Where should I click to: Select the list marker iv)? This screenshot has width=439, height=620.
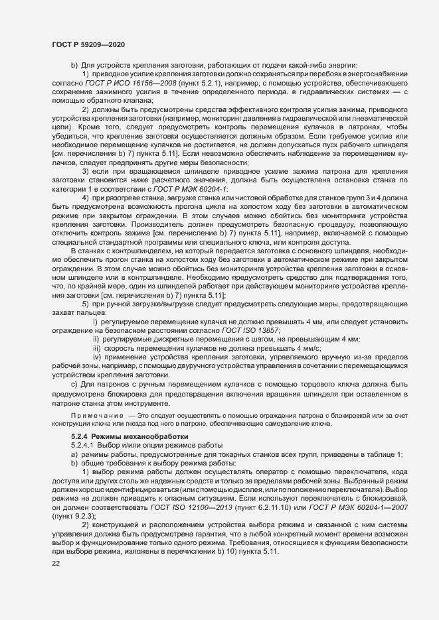(96, 356)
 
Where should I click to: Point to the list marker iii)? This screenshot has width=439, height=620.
(96, 347)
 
